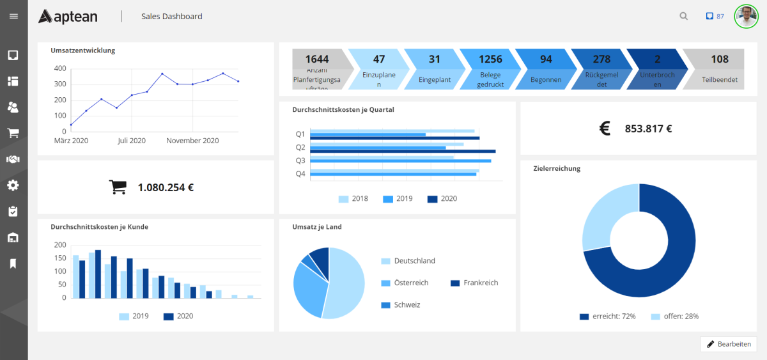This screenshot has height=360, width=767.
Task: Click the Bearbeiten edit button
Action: (729, 344)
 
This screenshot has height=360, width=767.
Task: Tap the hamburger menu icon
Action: (13, 16)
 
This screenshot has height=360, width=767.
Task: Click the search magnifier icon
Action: (684, 17)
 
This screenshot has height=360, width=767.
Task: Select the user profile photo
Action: (745, 16)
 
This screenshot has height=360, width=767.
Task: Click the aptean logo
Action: (68, 16)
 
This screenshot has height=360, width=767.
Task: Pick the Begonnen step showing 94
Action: (546, 68)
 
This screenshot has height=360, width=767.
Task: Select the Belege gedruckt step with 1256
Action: (490, 68)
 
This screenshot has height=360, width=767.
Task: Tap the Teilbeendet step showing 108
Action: (720, 68)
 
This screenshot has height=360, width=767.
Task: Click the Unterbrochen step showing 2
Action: (657, 68)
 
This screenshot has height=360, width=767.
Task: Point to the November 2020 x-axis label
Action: (192, 141)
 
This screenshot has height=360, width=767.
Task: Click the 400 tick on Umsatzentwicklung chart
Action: (59, 68)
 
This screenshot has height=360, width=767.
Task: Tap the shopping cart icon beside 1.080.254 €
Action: (118, 187)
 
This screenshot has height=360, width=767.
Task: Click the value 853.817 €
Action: (648, 129)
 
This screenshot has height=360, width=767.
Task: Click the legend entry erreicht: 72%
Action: (608, 317)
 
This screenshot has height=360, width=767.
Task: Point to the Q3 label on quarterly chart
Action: (300, 160)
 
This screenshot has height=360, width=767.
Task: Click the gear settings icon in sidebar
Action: (13, 185)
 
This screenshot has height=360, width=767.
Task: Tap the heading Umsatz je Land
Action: (316, 226)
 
